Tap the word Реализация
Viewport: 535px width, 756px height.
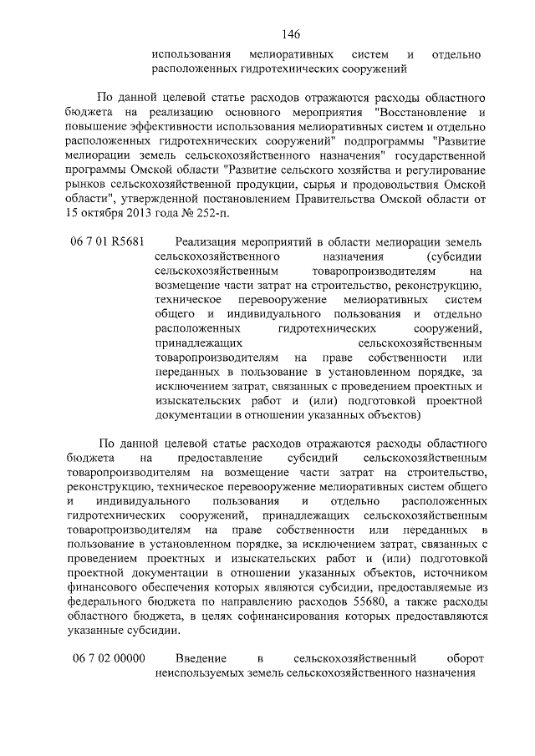pos(196,241)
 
